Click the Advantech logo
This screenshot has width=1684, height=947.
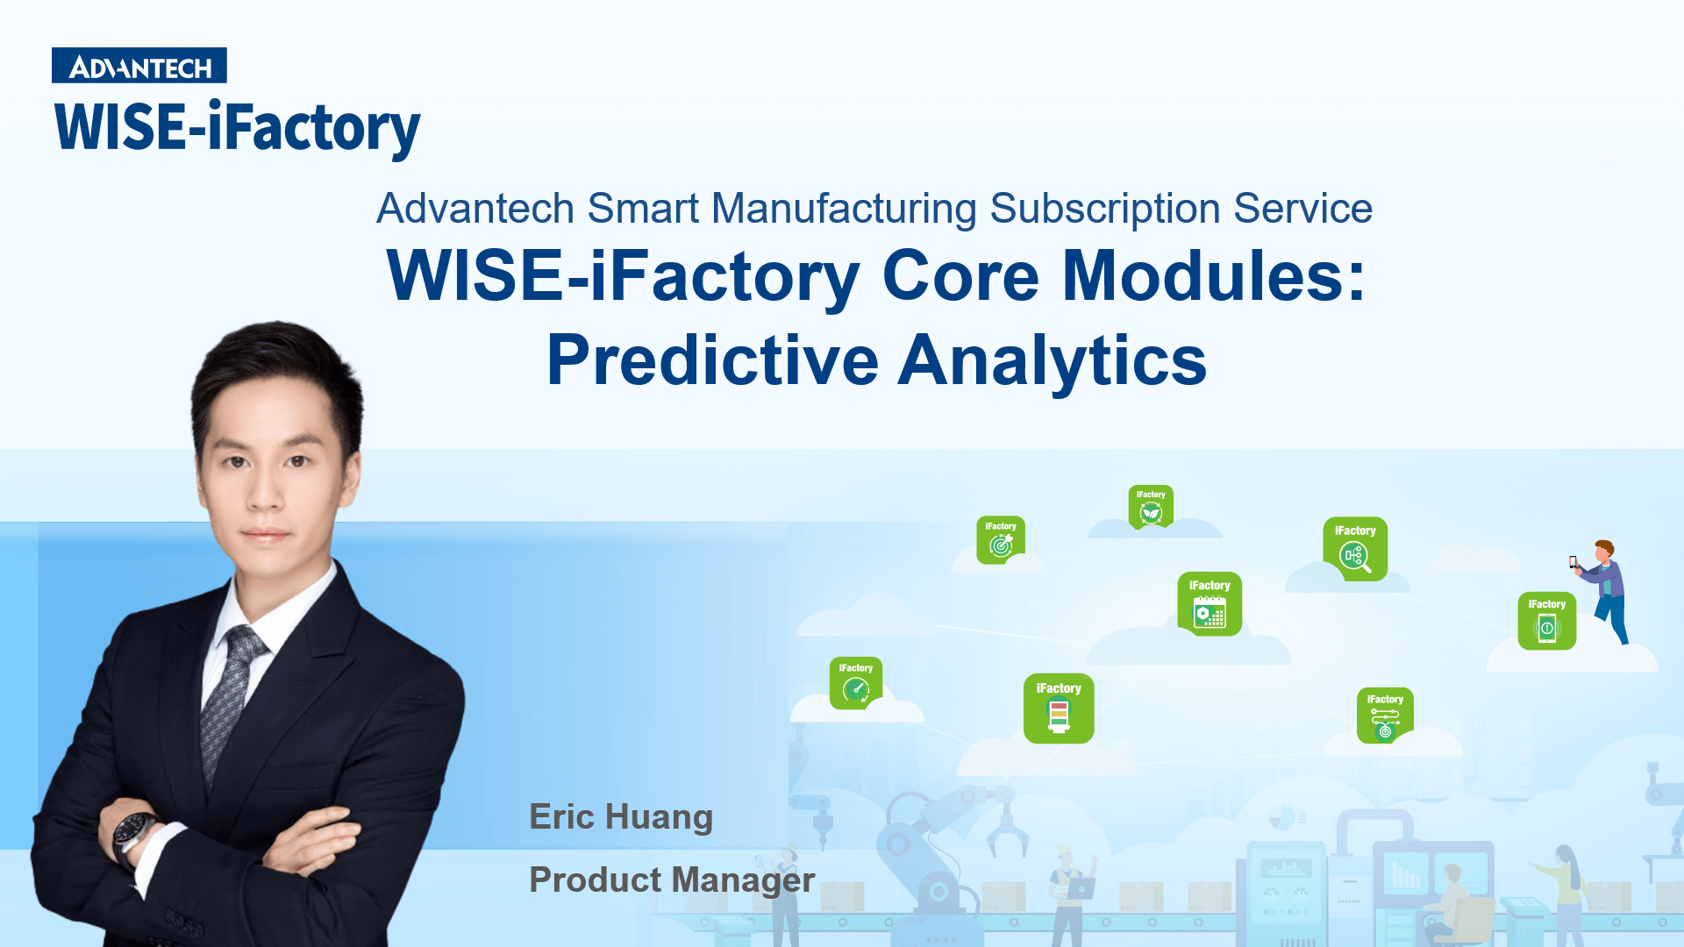click(139, 66)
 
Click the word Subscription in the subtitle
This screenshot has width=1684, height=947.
click(1105, 209)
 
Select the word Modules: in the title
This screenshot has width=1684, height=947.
click(1214, 275)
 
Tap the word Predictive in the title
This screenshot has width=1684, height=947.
click(712, 360)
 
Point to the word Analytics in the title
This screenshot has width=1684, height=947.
click(1052, 362)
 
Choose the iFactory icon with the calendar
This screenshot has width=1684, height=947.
click(1209, 604)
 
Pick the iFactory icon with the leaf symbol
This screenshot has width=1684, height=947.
click(1151, 507)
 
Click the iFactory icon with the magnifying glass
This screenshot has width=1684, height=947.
click(1355, 549)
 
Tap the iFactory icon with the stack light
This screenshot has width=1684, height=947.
click(1059, 708)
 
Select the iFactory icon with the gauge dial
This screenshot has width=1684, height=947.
click(855, 682)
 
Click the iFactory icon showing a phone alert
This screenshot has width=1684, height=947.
click(1546, 621)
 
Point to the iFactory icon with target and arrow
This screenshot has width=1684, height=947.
click(1001, 540)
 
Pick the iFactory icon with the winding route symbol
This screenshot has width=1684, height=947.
click(1385, 716)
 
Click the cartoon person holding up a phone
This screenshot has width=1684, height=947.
click(1602, 591)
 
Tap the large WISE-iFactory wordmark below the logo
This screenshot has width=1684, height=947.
click(237, 128)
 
